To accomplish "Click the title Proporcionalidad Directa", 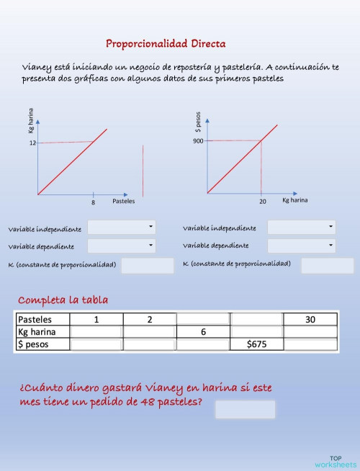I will pyautogui.click(x=166, y=44).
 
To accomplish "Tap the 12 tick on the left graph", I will pyautogui.click(x=32, y=143).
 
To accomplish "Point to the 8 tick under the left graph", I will pyautogui.click(x=93, y=202).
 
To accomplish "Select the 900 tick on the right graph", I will pyautogui.click(x=198, y=141).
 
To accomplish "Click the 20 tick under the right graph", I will pyautogui.click(x=262, y=202).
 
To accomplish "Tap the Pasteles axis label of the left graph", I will pyautogui.click(x=123, y=201).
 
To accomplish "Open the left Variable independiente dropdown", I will pyautogui.click(x=121, y=228).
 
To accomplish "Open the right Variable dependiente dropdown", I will pyautogui.click(x=301, y=246).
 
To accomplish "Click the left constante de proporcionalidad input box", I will pyautogui.click(x=148, y=266).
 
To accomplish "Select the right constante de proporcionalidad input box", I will pyautogui.click(x=317, y=266).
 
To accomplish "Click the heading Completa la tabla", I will pyautogui.click(x=63, y=300).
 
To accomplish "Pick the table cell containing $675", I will pyautogui.click(x=257, y=344).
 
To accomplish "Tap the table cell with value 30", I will pyautogui.click(x=310, y=320).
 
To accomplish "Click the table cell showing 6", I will pyautogui.click(x=203, y=332).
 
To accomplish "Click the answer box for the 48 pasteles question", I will pyautogui.click(x=245, y=409).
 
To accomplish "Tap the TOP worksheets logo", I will pyautogui.click(x=335, y=462).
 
